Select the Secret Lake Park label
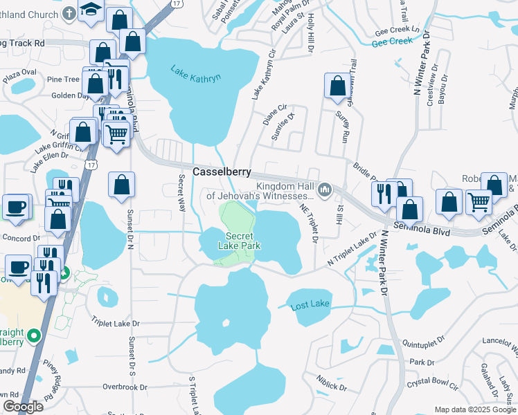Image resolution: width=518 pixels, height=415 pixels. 240,241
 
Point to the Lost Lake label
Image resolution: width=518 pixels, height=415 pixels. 310,304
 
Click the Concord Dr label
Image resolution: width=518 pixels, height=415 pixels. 21,238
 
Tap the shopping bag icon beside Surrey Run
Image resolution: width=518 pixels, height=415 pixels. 337,86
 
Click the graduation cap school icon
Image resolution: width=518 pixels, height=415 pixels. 90,10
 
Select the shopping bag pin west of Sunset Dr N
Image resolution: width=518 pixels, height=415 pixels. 121,185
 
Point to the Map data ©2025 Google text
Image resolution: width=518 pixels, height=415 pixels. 474,409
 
